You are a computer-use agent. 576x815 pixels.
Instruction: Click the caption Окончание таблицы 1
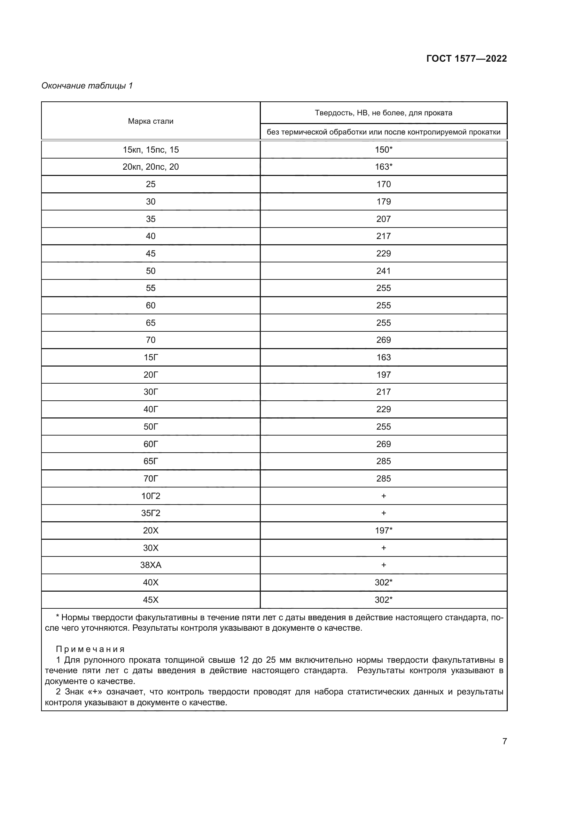[x=87, y=86]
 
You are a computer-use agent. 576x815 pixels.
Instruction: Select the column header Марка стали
[x=150, y=121]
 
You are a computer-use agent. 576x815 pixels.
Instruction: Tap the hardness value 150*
[x=383, y=150]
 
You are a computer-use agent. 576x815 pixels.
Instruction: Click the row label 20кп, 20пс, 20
[x=150, y=167]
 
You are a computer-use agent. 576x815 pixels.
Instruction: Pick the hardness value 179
[x=383, y=202]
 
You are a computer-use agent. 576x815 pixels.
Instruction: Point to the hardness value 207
[x=383, y=219]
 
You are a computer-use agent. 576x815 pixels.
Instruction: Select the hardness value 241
[x=383, y=271]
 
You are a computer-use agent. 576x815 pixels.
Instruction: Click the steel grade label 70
[x=150, y=340]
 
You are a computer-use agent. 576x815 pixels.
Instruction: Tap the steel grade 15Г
[x=150, y=357]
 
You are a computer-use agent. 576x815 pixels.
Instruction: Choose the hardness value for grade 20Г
[x=383, y=375]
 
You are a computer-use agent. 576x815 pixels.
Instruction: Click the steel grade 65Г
[x=150, y=461]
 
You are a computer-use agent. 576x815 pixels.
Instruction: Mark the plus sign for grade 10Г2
[x=383, y=496]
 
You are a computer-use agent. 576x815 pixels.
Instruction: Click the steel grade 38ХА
[x=150, y=565]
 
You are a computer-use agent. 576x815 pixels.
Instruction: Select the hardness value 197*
[x=383, y=530]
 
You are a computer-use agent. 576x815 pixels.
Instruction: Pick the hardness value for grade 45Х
[x=383, y=600]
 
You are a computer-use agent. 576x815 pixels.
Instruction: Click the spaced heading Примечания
[x=91, y=649]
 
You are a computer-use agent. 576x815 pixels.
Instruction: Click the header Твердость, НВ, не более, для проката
[x=383, y=113]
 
